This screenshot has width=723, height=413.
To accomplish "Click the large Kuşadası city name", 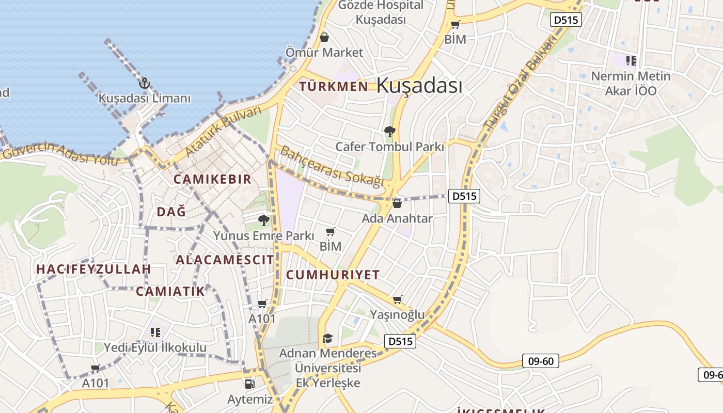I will (419, 85).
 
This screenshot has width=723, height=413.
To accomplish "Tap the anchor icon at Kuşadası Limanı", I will (145, 83).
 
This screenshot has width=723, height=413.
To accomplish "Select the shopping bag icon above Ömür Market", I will (324, 37).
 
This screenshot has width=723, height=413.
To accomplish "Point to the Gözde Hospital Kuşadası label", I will (381, 12).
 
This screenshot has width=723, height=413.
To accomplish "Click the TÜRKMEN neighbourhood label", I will (334, 86).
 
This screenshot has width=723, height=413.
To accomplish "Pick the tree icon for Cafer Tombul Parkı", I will (390, 132).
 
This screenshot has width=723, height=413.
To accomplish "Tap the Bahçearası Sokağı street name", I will (332, 166).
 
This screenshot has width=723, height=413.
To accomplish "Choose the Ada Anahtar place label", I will (397, 218).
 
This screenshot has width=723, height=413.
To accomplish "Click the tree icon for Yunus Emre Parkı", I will (264, 220).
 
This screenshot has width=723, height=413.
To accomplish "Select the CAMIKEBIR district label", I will (212, 179).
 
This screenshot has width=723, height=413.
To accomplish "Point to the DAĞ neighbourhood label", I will (171, 212).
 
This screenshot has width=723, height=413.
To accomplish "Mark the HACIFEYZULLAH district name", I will (93, 269).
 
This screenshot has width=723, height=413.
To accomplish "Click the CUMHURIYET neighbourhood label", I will (333, 275).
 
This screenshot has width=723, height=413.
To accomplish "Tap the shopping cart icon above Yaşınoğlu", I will (397, 300).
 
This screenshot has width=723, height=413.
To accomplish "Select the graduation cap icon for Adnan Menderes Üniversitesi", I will (327, 338).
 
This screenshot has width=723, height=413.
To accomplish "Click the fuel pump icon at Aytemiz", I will (249, 384).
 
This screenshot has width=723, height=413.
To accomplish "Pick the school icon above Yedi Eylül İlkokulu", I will (155, 332).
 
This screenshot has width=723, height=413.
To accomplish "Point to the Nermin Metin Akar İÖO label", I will (631, 83).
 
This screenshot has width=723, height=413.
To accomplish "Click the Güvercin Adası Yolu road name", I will (59, 153).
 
